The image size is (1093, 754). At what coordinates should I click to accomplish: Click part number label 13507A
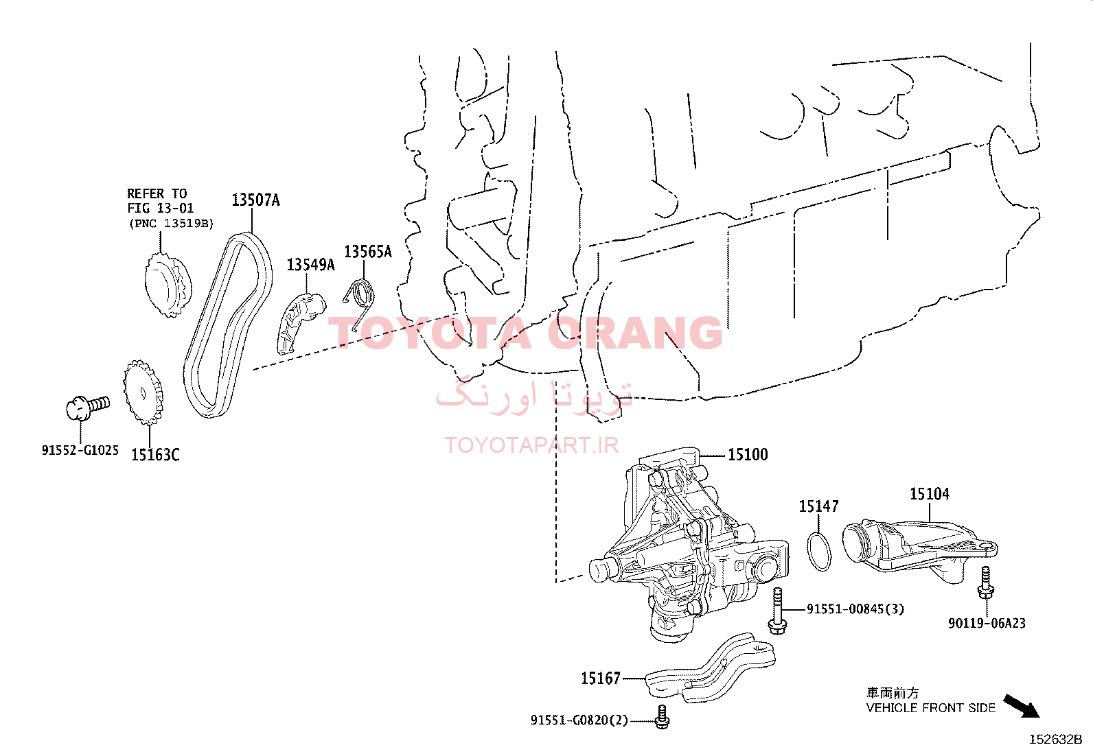coord(255,200)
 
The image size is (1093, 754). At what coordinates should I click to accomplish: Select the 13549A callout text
coord(310,265)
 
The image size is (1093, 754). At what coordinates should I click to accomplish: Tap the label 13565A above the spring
coord(368,252)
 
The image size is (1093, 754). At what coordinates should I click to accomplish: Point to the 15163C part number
coord(155,455)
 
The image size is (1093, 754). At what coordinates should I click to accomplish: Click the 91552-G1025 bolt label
coord(80,450)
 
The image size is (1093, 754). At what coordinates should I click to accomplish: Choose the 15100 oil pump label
coord(748,455)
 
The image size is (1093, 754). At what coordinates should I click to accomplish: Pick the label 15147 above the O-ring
coord(818,506)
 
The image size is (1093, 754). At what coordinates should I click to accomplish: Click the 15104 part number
coord(930,494)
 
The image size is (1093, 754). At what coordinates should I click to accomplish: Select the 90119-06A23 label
coord(987,623)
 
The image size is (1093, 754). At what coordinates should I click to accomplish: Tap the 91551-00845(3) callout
coord(855,609)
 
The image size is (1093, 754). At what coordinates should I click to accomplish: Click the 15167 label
coord(601,679)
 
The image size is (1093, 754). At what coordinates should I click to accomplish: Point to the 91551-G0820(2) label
coord(579,720)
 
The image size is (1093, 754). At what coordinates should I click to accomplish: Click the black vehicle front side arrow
coord(1022,707)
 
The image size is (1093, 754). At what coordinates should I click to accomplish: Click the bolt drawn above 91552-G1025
coord(88,408)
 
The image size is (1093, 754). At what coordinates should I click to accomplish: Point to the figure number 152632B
coord(1055,740)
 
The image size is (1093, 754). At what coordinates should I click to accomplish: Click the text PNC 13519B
coord(171,224)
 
